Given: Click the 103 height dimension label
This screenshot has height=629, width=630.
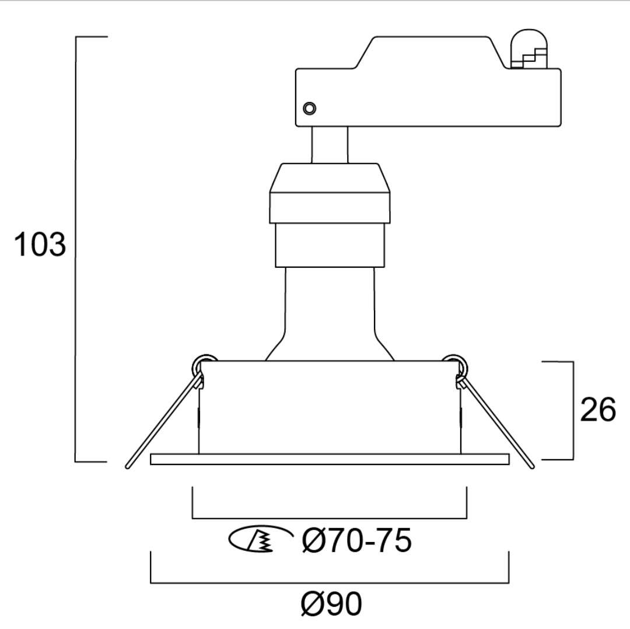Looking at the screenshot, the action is click(40, 244).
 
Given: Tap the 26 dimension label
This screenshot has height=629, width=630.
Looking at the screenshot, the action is click(598, 410).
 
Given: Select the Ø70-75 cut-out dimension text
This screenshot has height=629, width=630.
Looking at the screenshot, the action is click(357, 540).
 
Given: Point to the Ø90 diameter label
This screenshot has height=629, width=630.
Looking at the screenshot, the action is click(331, 604).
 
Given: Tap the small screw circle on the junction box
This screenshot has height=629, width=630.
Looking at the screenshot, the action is click(309, 108).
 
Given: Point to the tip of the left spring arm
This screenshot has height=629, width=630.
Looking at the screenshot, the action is click(128, 467).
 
